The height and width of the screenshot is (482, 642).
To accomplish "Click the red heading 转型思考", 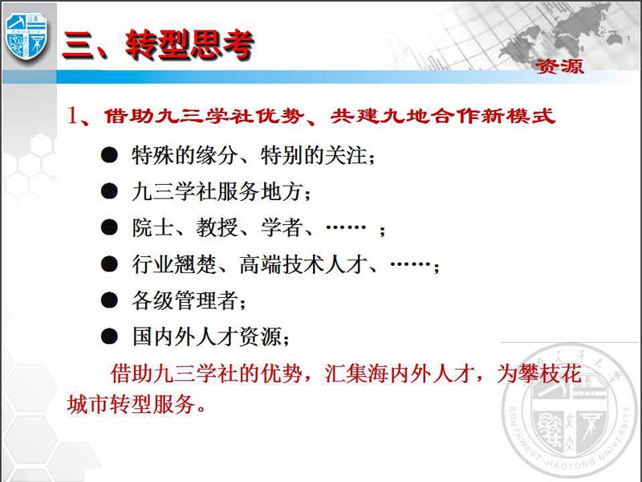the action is point(190,44).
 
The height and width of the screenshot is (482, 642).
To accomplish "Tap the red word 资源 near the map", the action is point(560,66).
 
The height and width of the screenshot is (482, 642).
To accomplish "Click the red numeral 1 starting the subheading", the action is point(73,115).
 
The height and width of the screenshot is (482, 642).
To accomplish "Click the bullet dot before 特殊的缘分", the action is point(109,155).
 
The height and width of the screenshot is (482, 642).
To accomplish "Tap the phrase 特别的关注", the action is point(314,156).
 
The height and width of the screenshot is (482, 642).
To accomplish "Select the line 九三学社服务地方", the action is point(217,192).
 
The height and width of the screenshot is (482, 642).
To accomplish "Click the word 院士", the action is point(152,228).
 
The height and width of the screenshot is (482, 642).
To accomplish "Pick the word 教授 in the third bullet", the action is point(217,228).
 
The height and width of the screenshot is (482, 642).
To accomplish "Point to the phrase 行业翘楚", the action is point(174,264).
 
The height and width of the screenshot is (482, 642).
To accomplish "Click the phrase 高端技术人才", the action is point(303,264).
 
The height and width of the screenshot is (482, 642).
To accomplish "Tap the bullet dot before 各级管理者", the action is point(109,300).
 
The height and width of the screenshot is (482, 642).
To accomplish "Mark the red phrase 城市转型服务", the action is point(131,405).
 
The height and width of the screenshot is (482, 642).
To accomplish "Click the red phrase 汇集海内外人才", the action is point(397,374).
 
